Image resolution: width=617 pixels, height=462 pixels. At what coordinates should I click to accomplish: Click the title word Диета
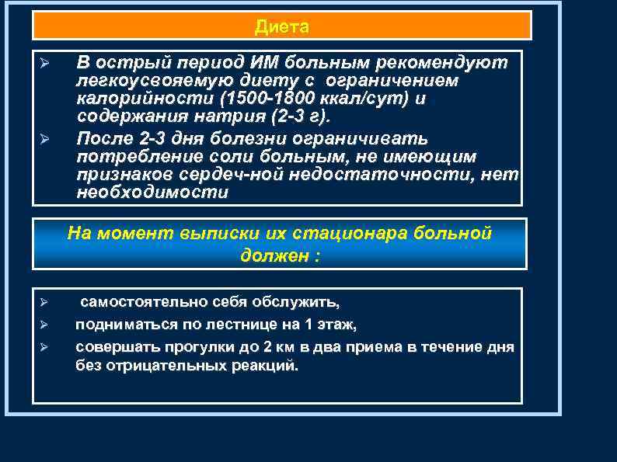pos(281,28)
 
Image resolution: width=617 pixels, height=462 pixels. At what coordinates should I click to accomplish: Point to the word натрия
pos(225,118)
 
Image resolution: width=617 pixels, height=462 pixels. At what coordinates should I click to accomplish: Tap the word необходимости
pos(152,194)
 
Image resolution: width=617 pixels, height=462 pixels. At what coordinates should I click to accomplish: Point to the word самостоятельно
pos(137,301)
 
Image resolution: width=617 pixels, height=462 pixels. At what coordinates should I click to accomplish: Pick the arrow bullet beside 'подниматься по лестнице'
pos(44,324)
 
